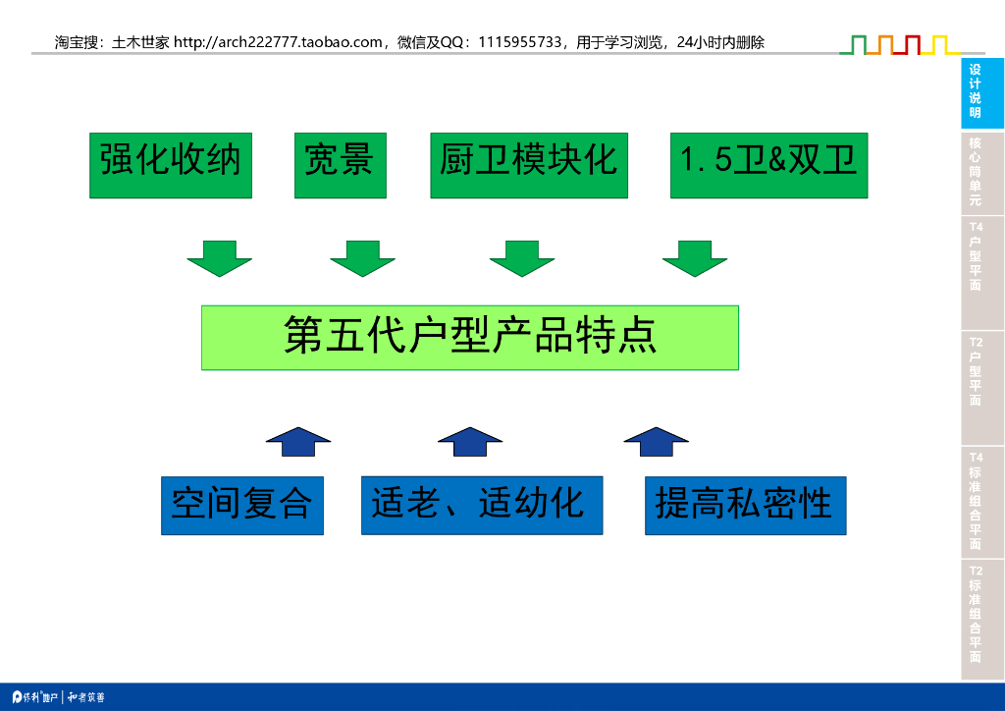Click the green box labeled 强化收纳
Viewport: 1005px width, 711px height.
(x=171, y=165)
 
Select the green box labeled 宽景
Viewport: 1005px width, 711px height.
(x=340, y=165)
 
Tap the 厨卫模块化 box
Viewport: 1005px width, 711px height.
(x=528, y=165)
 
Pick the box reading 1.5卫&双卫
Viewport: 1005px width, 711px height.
(x=768, y=165)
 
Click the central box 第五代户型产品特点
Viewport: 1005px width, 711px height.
(x=469, y=337)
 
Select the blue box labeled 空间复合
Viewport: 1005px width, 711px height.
(x=241, y=505)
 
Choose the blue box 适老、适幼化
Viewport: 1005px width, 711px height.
(x=481, y=505)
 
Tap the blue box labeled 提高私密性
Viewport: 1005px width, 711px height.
(x=745, y=505)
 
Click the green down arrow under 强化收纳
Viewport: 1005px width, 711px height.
(x=220, y=257)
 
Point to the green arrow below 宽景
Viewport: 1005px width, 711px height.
(x=362, y=257)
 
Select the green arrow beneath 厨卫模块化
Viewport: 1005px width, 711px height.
(x=522, y=257)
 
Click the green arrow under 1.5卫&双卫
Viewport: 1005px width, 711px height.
(x=695, y=257)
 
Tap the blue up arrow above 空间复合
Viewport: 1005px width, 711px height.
(x=298, y=442)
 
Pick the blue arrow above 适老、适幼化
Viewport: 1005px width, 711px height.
(x=470, y=442)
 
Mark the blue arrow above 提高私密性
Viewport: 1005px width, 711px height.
(x=656, y=442)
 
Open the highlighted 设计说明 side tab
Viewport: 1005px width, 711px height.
(x=981, y=92)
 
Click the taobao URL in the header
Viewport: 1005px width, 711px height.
(x=277, y=42)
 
